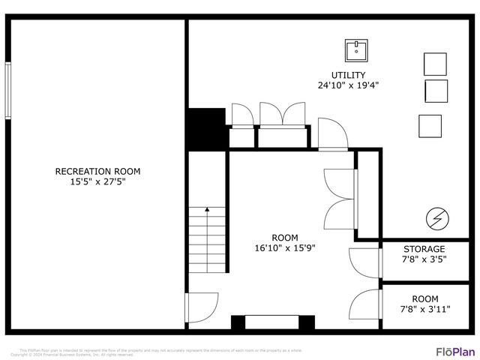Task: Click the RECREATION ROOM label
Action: click(97, 171)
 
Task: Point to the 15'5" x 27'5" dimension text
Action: click(97, 181)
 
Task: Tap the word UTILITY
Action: click(348, 75)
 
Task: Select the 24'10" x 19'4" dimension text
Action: click(348, 85)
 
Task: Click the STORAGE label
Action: click(424, 249)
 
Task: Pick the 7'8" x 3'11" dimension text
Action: click(424, 308)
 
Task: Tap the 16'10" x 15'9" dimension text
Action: click(284, 247)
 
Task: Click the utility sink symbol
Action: click(356, 51)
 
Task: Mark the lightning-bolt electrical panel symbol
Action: click(436, 219)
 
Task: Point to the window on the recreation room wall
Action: click(8, 90)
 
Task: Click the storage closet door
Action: click(366, 262)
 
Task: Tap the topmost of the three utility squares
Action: click(435, 63)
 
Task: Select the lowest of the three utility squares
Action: click(430, 125)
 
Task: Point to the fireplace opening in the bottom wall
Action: click(271, 323)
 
